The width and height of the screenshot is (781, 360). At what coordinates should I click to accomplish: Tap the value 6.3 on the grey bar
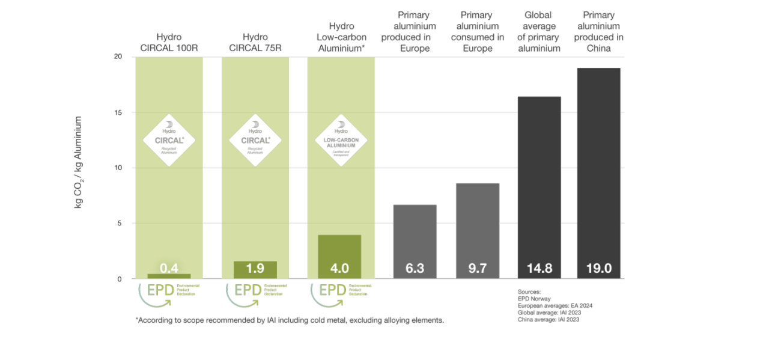tap(415, 268)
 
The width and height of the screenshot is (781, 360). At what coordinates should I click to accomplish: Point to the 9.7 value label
tap(477, 268)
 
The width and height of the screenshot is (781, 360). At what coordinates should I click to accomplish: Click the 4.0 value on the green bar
tap(339, 268)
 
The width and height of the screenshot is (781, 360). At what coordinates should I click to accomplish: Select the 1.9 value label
tap(255, 268)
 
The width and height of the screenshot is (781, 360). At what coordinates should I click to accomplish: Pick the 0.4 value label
tap(169, 267)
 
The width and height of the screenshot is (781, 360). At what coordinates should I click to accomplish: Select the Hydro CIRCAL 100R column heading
tap(169, 42)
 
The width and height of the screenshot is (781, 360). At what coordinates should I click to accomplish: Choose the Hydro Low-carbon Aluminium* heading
tap(341, 37)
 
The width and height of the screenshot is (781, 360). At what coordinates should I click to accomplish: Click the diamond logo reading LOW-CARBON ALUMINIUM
tap(341, 141)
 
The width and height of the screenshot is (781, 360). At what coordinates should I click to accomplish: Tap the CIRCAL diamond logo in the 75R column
tap(255, 141)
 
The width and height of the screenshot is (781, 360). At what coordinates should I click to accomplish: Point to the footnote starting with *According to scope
tap(290, 320)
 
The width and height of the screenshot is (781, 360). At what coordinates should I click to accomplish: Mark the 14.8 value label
tap(539, 268)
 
